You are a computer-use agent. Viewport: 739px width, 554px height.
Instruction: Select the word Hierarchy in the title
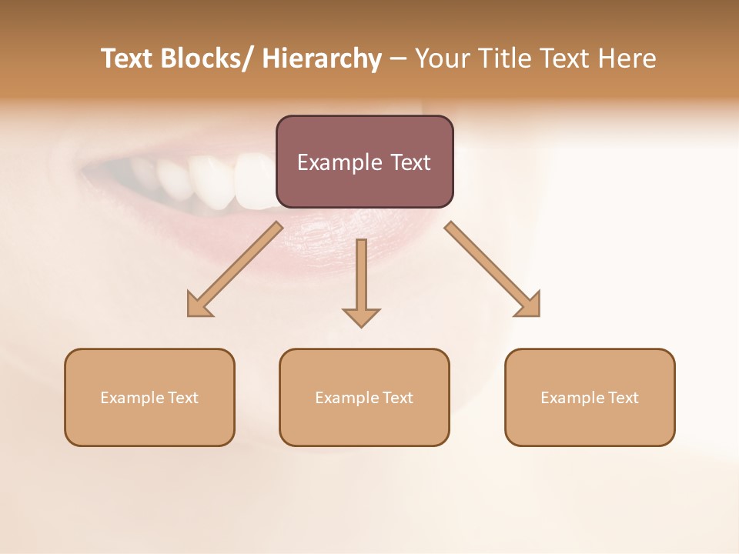pyautogui.click(x=322, y=58)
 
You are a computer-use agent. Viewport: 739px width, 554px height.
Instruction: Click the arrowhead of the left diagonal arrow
pyautogui.click(x=198, y=305)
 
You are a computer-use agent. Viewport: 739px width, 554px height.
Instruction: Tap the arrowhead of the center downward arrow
pyautogui.click(x=361, y=316)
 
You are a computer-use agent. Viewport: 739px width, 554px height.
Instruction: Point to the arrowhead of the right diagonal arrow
pyautogui.click(x=529, y=305)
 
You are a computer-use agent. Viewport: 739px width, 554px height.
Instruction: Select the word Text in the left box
pyautogui.click(x=184, y=398)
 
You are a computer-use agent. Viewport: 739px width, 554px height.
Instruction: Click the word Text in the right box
pyautogui.click(x=624, y=398)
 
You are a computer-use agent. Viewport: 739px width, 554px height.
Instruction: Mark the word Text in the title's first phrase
pyautogui.click(x=128, y=58)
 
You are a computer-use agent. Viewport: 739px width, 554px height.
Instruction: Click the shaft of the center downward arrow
pyautogui.click(x=361, y=269)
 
